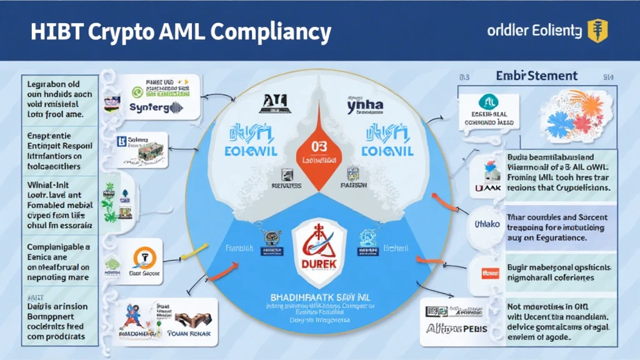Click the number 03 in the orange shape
point(319,146)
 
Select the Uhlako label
point(487,224)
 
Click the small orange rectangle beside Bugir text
point(488,272)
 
